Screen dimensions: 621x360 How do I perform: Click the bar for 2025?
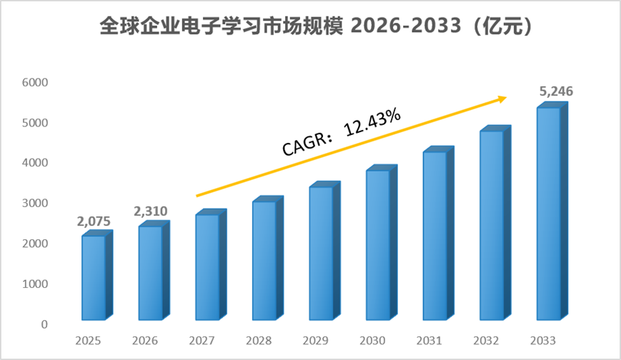click(97, 275)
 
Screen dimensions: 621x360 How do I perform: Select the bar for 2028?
click(268, 259)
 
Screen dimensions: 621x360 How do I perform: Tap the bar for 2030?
click(382, 243)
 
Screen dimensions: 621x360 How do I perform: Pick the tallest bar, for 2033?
click(552, 211)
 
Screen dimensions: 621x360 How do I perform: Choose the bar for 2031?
click(439, 234)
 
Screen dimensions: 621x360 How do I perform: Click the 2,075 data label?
click(94, 221)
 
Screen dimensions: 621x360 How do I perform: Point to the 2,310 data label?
click(151, 211)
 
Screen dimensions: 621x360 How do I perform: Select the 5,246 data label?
click(556, 91)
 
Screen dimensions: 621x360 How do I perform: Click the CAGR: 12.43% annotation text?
click(342, 132)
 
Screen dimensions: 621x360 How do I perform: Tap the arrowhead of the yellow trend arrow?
click(503, 99)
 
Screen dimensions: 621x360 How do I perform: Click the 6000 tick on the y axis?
click(35, 82)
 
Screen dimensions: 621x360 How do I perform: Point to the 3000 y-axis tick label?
click(35, 203)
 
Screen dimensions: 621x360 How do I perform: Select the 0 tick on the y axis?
click(44, 324)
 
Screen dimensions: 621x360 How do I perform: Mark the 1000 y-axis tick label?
click(35, 284)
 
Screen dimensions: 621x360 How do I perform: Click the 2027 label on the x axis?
click(202, 341)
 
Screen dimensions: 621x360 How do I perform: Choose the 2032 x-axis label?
click(486, 341)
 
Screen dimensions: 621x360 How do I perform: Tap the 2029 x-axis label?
click(316, 341)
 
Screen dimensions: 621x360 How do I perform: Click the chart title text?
click(316, 26)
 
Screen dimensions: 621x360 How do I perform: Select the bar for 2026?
click(154, 270)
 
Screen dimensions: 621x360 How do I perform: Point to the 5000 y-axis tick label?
click(35, 123)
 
